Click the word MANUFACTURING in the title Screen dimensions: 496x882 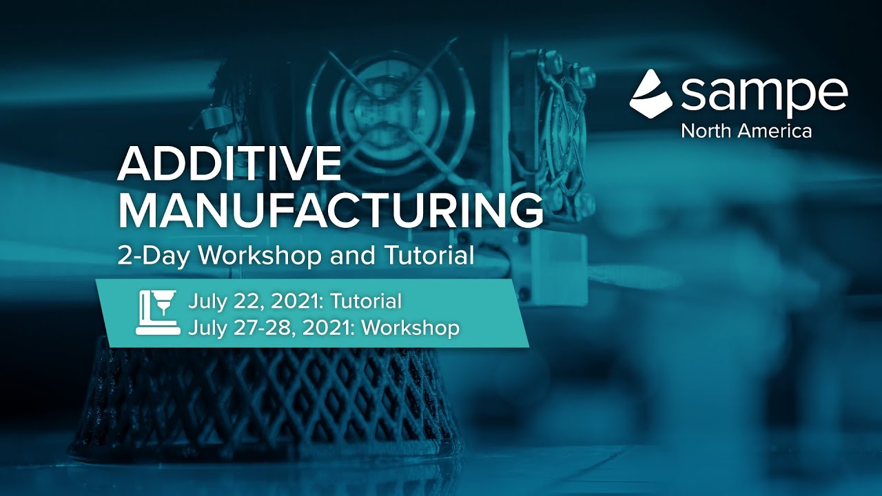point(330,211)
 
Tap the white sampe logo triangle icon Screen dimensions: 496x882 point(652,93)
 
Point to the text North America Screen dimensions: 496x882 point(746,130)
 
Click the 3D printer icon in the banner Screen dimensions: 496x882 point(158,313)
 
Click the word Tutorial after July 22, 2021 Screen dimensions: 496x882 point(368,301)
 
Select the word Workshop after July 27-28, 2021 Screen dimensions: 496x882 point(411,327)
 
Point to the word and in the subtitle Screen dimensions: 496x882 point(350,256)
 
